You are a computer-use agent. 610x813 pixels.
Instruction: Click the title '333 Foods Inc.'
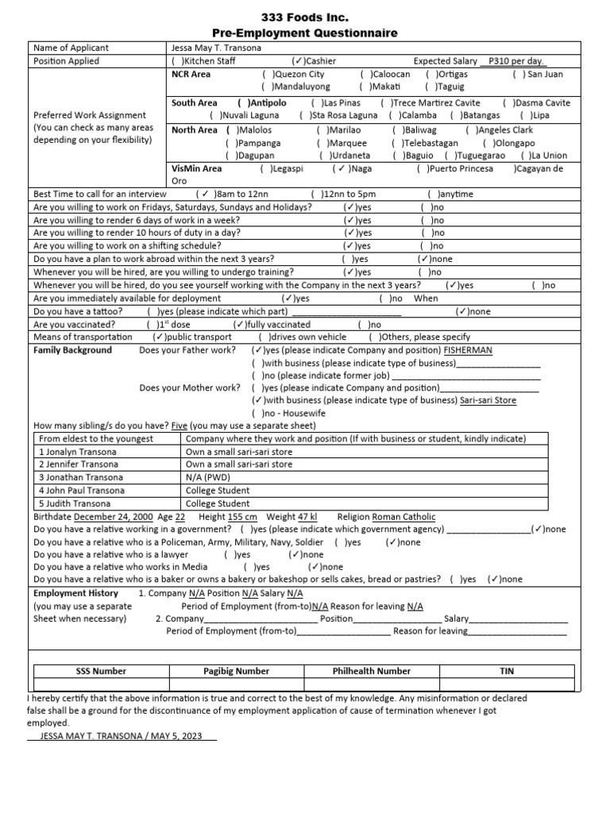[x=304, y=17]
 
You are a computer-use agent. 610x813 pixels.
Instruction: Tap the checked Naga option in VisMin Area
[x=352, y=169]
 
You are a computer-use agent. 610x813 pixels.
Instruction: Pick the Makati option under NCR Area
[x=380, y=87]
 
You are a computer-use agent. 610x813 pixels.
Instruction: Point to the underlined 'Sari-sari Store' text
[x=488, y=401]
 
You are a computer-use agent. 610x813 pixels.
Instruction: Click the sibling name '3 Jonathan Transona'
[x=81, y=477]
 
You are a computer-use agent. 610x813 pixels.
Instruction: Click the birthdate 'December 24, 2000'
[x=113, y=516]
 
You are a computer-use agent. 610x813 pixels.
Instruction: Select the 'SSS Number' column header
[x=100, y=671]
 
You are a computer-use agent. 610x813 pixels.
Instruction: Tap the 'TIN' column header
[x=506, y=671]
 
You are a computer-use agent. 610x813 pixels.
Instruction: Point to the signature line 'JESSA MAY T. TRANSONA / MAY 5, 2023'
[x=122, y=735]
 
